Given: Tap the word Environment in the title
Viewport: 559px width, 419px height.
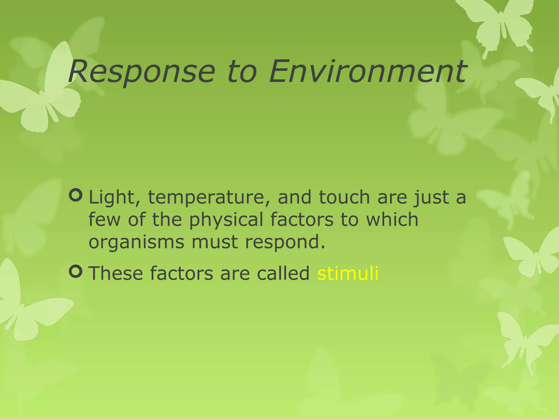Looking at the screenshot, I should pyautogui.click(x=367, y=71).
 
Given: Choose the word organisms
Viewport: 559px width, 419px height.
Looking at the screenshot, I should pyautogui.click(x=136, y=242).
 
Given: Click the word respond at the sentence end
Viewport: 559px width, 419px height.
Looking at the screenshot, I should pyautogui.click(x=285, y=242).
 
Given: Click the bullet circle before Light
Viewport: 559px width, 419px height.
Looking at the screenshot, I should pyautogui.click(x=76, y=196).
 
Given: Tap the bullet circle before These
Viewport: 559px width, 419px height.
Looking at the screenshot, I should pyautogui.click(x=76, y=272).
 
